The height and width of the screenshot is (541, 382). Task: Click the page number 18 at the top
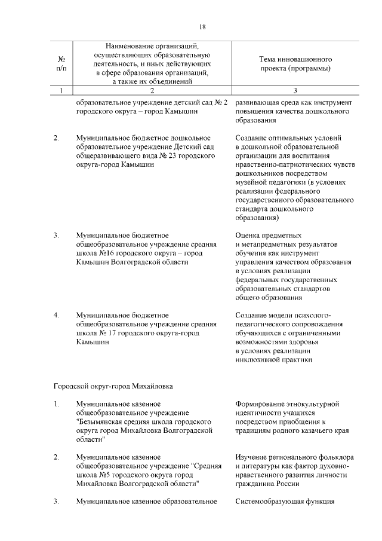tap(202, 27)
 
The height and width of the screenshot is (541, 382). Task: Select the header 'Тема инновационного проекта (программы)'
tap(295, 64)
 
